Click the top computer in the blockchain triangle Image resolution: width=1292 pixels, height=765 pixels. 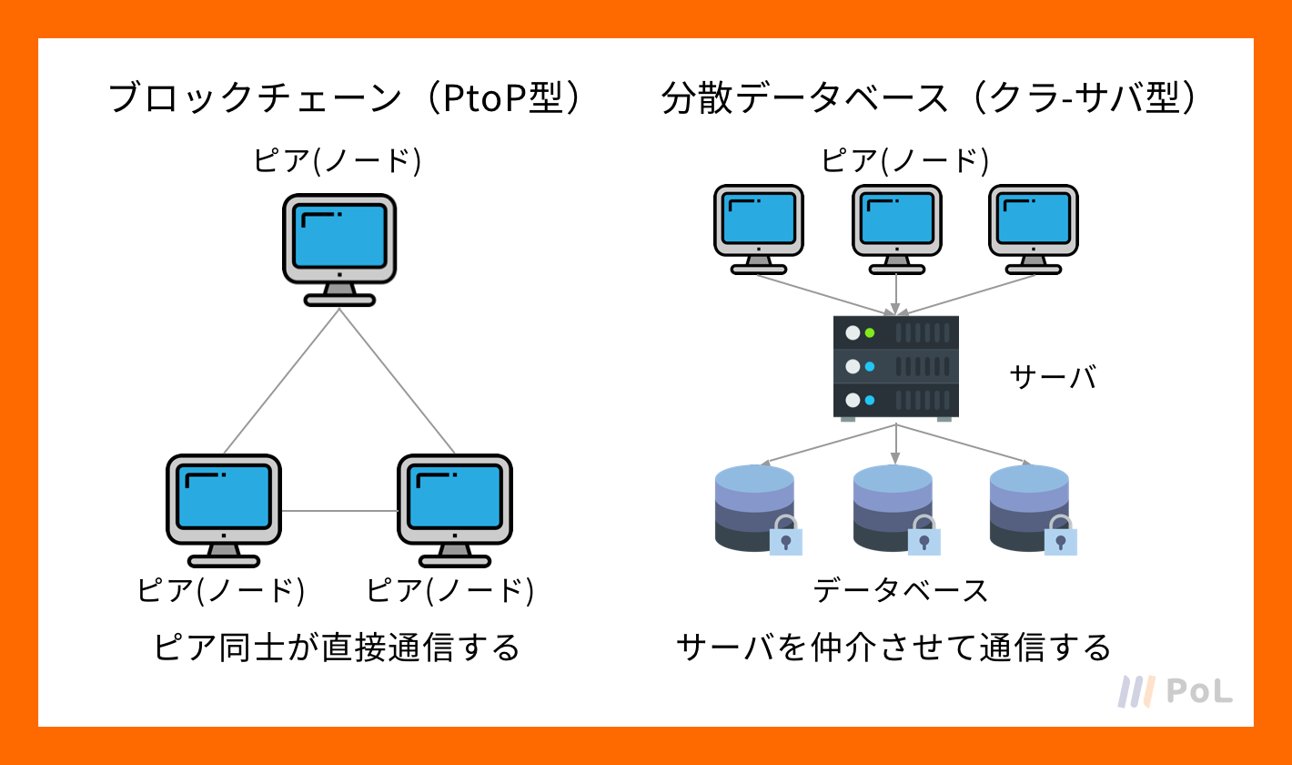339,250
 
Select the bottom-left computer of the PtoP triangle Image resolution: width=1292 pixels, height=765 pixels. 224,510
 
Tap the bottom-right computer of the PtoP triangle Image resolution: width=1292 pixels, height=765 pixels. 455,510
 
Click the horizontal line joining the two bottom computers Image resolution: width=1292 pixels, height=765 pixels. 339,511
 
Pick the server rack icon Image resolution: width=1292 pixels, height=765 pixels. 895,367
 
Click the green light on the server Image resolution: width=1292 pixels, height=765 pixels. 870,332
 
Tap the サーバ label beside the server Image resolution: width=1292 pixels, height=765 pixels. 1053,378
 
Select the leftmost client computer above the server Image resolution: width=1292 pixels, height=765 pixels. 759,229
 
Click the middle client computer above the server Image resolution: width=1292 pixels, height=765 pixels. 897,229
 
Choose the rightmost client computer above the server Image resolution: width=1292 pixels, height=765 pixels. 1033,229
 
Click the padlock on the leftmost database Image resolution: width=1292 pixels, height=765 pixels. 785,535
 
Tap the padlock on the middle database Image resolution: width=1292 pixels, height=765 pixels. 924,535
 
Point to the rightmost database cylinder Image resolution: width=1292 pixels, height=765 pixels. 1029,508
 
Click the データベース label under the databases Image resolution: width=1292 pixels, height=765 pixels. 901,591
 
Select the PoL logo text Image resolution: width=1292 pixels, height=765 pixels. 1200,691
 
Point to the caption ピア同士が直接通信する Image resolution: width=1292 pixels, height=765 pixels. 337,648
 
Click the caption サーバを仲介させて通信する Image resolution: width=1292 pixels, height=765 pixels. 894,648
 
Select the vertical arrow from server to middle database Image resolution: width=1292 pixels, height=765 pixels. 895,444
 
